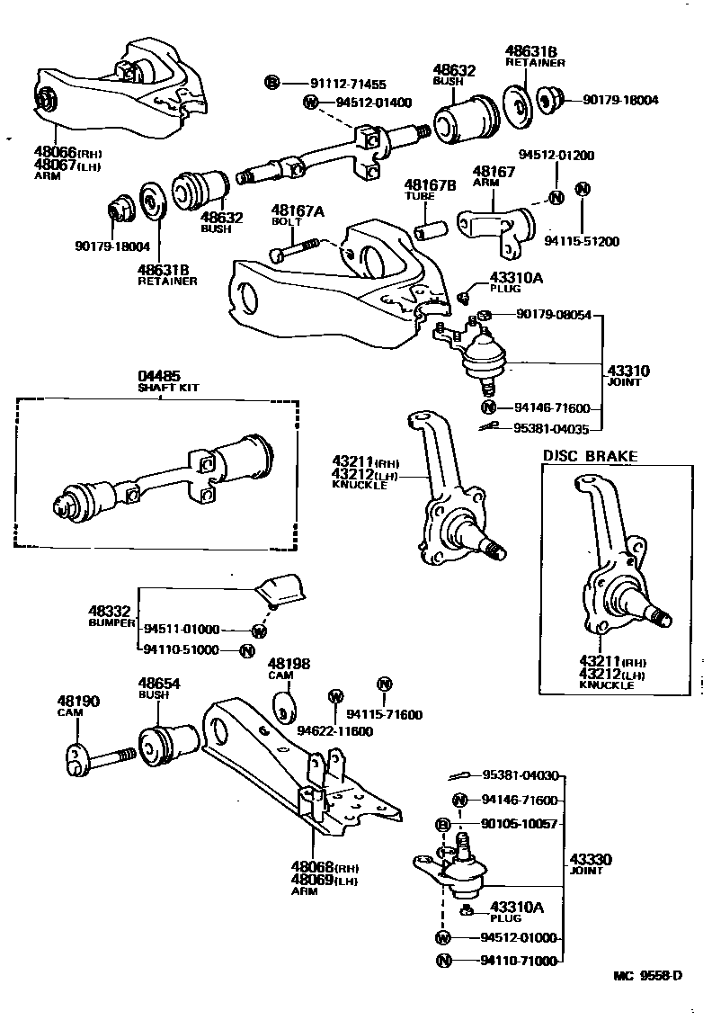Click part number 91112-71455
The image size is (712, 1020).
[x=348, y=83]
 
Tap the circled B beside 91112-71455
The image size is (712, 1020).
[x=272, y=83]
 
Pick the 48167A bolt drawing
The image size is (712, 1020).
[x=296, y=248]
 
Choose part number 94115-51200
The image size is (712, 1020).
[x=582, y=241]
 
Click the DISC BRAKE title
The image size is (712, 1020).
[x=590, y=456]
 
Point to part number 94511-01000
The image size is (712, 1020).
[x=181, y=630]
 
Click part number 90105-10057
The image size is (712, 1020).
[x=520, y=824]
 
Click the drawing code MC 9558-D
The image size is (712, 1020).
[x=647, y=1000]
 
